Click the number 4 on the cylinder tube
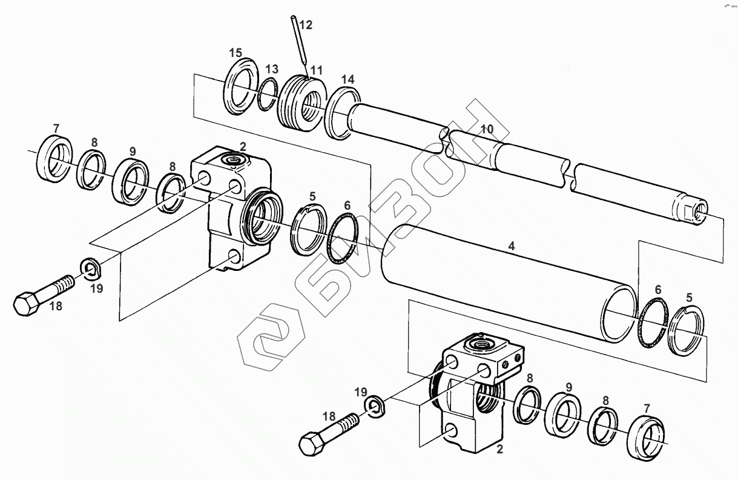tap(512, 246)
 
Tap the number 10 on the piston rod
tap(487, 128)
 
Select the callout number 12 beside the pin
tap(306, 25)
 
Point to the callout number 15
tap(235, 52)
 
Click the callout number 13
tap(272, 68)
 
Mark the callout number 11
tap(317, 71)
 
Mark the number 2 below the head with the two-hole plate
tap(499, 449)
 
